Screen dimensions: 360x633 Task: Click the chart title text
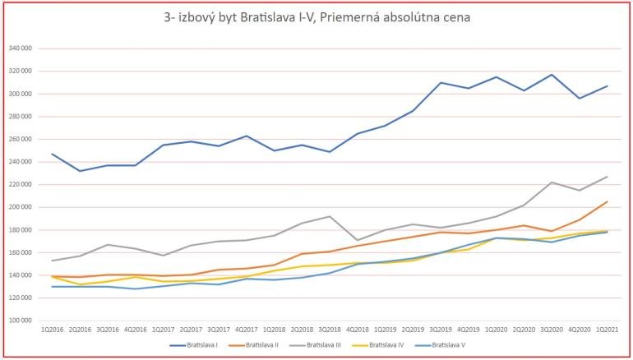pos(316,16)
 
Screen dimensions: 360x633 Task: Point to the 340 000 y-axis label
pos(19,48)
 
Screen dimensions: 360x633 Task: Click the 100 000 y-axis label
pos(19,320)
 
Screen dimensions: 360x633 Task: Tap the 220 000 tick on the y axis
pos(19,184)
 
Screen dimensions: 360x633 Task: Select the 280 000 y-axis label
pos(19,116)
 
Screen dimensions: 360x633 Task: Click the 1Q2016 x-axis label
pos(52,329)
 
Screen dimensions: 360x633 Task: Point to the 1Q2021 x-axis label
pos(607,329)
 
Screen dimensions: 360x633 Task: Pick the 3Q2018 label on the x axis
pos(329,329)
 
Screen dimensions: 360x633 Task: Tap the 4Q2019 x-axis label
pos(468,329)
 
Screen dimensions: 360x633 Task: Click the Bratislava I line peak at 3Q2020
pos(552,75)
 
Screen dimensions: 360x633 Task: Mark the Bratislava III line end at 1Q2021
pos(607,177)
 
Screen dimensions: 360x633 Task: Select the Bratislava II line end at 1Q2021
pos(607,201)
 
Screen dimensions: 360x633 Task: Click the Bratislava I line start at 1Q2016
pos(52,154)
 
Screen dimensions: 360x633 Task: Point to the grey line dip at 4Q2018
pos(357,240)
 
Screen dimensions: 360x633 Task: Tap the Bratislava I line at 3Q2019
pos(441,83)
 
